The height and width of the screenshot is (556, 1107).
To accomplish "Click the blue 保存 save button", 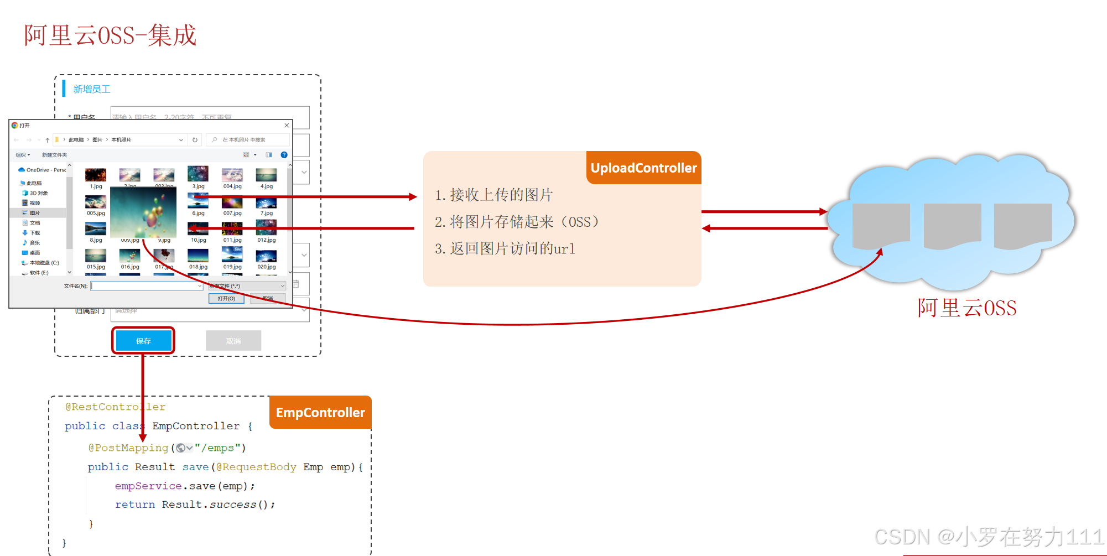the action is point(143,341).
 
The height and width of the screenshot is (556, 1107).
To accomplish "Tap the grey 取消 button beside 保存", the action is point(233,341).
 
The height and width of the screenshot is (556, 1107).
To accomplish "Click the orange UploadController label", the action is point(643,168).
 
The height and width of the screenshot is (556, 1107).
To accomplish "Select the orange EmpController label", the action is point(320,413).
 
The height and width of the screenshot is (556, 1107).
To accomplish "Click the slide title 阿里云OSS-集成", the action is point(110,35).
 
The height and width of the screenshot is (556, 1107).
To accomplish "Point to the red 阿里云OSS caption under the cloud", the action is point(966,308).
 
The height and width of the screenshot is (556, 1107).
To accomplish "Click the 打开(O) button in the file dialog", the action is point(226,298).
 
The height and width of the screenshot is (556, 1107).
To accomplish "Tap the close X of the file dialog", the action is point(287,126).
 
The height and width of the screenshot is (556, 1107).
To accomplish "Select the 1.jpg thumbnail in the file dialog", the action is point(96,175).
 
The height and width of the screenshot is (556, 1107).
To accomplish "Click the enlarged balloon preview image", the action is point(143,213).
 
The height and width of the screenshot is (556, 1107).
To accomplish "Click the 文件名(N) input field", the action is point(147,286).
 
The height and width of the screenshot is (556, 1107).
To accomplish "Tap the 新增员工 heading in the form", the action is point(92,89).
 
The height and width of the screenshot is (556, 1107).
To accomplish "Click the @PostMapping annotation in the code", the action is point(128,448).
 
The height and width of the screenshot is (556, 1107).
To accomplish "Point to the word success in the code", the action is point(233,505).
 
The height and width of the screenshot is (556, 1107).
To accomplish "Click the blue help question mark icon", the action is point(284,155).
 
